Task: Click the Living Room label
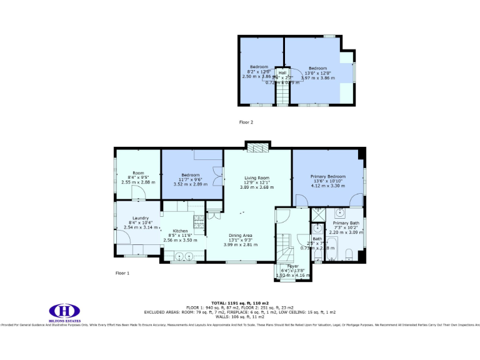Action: coord(256,178)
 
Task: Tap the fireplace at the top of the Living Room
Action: coord(256,147)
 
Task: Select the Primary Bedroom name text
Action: coord(327,177)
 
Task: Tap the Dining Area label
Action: coord(240,236)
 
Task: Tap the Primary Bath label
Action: coord(345,223)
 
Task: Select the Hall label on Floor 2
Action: coord(282,73)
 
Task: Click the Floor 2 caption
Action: coord(246,122)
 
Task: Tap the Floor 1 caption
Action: coord(122,273)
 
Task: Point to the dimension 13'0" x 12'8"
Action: coord(317,73)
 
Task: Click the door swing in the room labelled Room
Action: coord(141,192)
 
